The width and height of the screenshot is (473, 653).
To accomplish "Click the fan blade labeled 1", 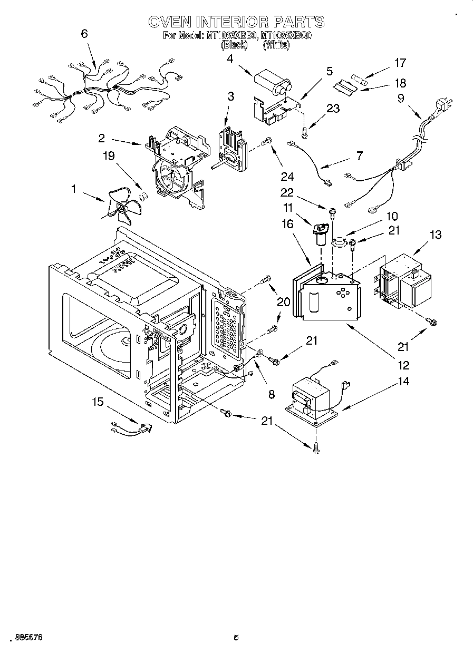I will (x=121, y=208).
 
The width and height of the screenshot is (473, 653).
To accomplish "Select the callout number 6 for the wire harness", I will (x=84, y=34).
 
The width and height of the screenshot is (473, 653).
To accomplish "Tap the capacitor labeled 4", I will (x=273, y=84).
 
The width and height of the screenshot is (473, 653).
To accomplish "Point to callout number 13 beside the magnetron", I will (x=436, y=235).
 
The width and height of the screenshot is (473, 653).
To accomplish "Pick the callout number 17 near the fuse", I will (x=400, y=63).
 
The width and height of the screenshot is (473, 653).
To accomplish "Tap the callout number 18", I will (x=400, y=83).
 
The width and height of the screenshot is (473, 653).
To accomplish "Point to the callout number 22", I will (x=301, y=193).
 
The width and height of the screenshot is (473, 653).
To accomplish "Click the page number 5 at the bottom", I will (x=236, y=638).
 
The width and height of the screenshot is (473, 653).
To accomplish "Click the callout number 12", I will (x=404, y=365).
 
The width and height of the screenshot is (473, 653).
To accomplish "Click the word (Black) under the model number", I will (x=234, y=45).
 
